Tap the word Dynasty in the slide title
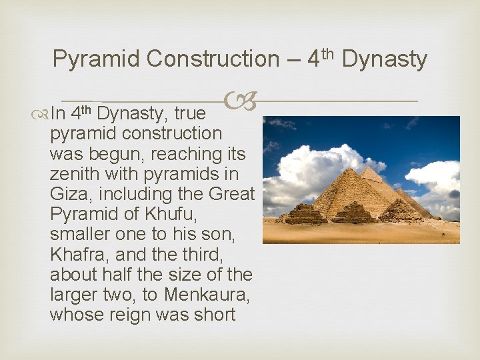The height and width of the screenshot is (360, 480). tap(385, 59)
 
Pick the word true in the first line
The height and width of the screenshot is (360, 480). tap(191, 114)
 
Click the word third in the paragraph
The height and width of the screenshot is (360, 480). tap(203, 253)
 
